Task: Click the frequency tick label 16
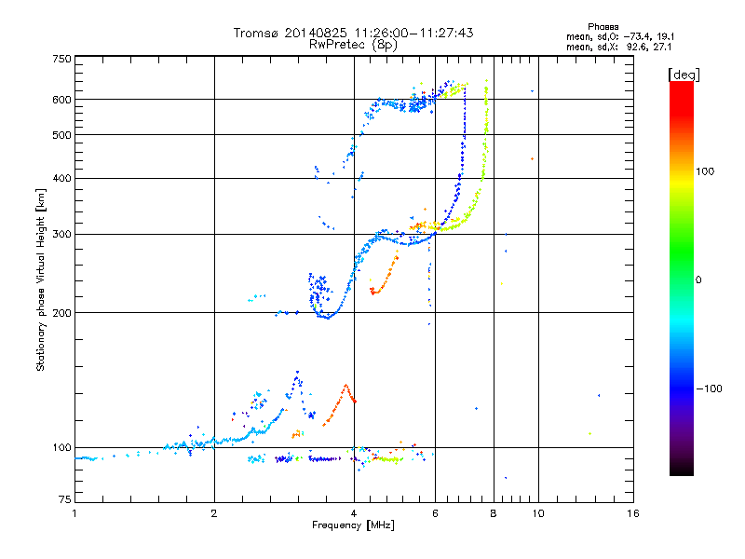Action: point(631,513)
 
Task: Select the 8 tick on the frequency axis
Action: point(493,513)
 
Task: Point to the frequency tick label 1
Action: point(74,513)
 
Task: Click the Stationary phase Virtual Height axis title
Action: point(41,279)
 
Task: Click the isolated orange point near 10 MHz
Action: point(532,159)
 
